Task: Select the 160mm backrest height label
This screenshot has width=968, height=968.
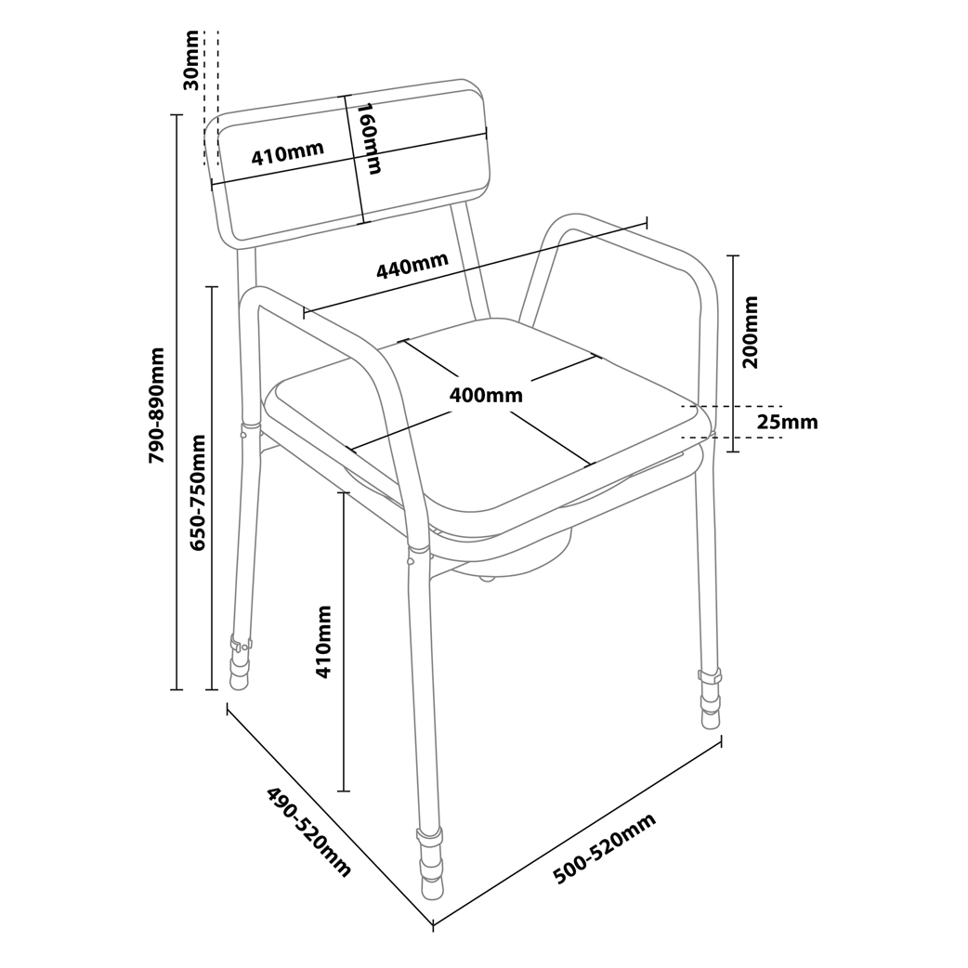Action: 369,138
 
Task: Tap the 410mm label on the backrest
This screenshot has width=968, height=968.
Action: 287,153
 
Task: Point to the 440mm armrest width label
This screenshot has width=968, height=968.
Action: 412,266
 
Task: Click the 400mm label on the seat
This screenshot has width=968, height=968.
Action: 485,395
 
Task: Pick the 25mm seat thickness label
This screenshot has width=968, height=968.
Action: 787,423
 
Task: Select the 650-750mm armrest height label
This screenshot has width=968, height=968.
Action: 198,492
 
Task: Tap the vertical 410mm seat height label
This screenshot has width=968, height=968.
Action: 323,642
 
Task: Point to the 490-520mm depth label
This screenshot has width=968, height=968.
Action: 308,831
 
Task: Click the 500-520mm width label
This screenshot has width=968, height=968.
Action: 604,848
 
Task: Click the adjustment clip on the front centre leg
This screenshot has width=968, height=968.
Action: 429,838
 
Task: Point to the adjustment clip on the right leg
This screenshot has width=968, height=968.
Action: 710,676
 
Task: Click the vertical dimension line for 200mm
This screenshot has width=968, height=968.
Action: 733,354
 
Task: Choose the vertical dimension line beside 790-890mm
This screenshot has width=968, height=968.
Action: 177,402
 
